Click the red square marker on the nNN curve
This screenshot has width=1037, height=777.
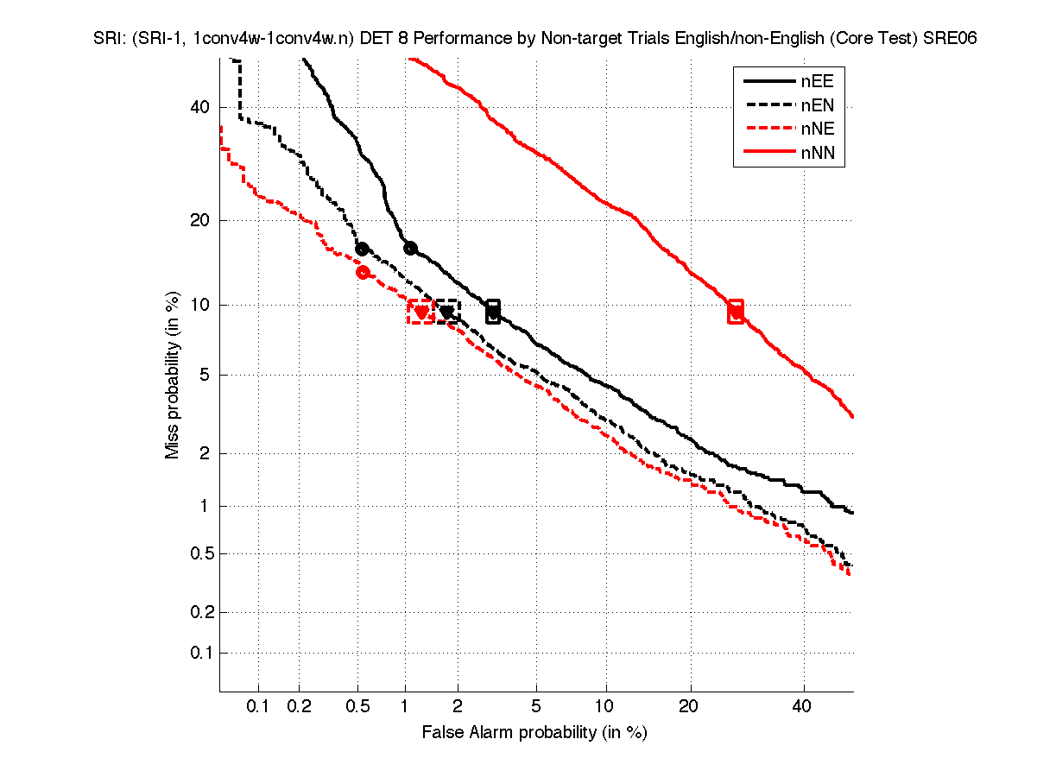(736, 311)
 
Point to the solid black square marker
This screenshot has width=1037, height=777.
(493, 311)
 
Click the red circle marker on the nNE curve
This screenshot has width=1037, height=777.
(363, 272)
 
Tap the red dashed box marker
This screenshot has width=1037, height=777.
(420, 312)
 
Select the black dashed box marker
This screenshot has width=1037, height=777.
(446, 312)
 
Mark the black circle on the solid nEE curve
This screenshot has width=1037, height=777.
(410, 249)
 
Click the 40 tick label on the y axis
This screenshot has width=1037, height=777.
(200, 107)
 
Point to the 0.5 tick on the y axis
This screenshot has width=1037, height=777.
(197, 553)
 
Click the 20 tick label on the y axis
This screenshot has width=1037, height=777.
(200, 220)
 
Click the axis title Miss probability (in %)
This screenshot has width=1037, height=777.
(173, 375)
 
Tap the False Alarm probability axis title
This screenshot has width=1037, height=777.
(534, 733)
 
